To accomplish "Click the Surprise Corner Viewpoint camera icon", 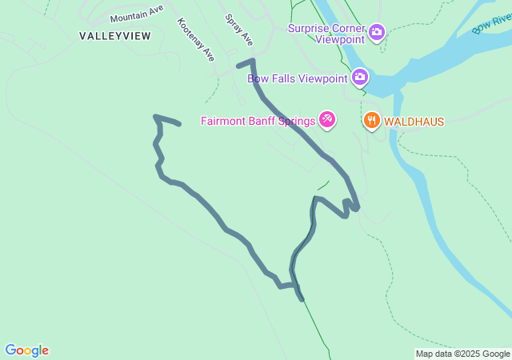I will [x=377, y=33].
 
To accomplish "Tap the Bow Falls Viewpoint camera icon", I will [x=360, y=77].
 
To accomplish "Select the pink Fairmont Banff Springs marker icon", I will [x=327, y=121].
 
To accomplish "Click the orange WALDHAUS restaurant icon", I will [x=371, y=121].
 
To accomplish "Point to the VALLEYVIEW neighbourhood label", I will [x=114, y=36].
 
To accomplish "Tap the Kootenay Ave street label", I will [x=196, y=39].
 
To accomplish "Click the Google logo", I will [x=26, y=350].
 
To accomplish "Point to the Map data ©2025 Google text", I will [x=462, y=354].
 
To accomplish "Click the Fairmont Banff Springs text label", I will [x=258, y=122].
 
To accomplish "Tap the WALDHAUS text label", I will [x=414, y=122].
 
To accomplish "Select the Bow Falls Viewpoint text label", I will [x=297, y=78].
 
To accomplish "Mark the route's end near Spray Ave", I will [x=239, y=63].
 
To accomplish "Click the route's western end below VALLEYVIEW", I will [x=178, y=123].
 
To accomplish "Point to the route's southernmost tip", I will [x=302, y=299].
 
